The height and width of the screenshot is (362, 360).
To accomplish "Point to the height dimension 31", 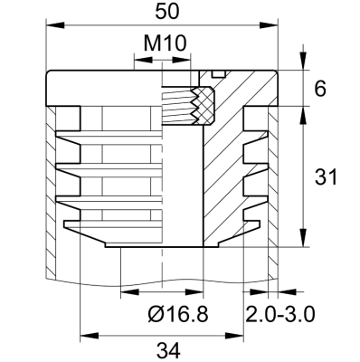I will (325, 177).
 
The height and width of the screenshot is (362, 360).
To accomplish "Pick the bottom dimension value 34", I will (166, 349).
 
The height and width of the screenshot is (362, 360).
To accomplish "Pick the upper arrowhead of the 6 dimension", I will (301, 75).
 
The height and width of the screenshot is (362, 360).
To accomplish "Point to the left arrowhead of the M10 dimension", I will (137, 61).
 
